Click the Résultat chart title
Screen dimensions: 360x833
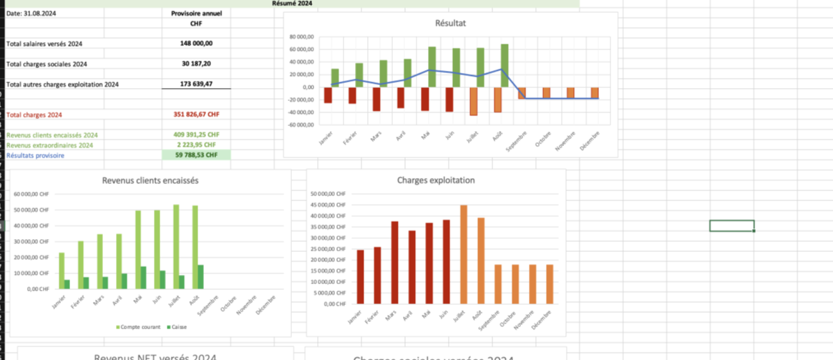(450, 23)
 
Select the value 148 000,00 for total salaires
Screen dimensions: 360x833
(196, 43)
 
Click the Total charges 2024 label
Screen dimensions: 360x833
(34, 115)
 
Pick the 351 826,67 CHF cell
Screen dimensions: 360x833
(196, 115)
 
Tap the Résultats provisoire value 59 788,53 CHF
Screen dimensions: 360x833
(196, 155)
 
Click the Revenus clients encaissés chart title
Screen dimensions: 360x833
(150, 180)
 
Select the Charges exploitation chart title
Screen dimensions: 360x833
(436, 180)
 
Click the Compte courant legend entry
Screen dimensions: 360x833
(140, 326)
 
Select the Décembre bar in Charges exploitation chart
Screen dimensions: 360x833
(550, 284)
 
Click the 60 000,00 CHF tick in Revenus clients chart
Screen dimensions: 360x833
(31, 194)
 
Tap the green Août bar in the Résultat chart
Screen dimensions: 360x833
(505, 66)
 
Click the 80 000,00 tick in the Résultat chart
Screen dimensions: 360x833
(302, 37)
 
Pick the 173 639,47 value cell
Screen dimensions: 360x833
(196, 84)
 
